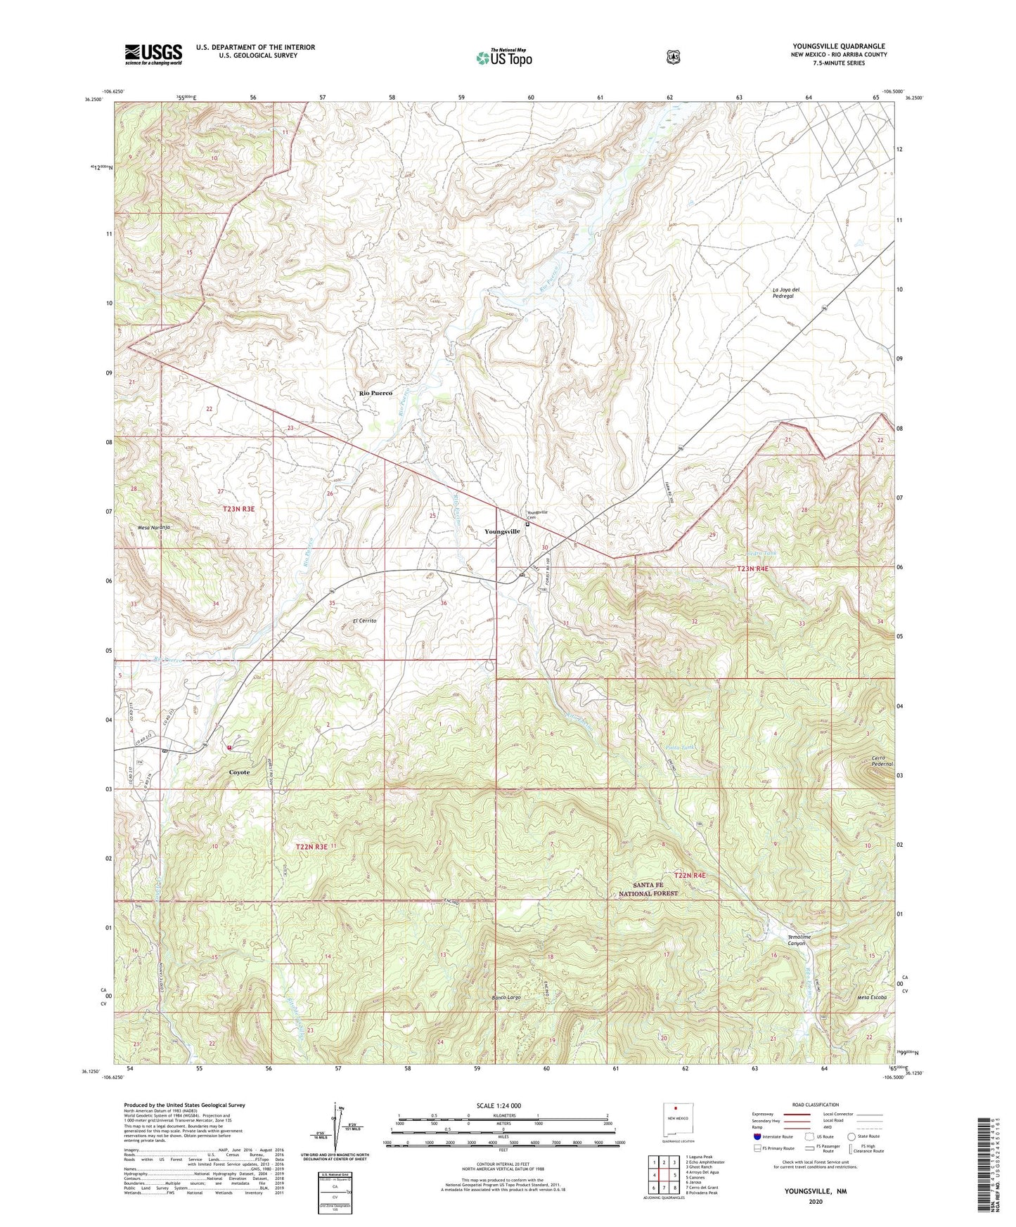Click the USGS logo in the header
click(x=153, y=54)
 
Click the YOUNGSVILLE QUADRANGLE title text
click(x=838, y=46)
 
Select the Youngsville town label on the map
click(x=502, y=531)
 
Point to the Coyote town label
click(x=239, y=772)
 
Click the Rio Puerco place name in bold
click(x=375, y=394)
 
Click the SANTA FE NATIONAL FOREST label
click(x=648, y=889)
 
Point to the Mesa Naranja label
click(x=154, y=527)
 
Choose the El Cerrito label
click(x=365, y=621)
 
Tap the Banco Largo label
click(x=505, y=998)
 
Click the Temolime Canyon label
click(x=800, y=940)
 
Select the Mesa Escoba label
click(x=872, y=997)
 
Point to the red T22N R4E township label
click(x=689, y=876)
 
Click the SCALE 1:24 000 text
click(x=499, y=1105)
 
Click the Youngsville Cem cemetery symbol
click(x=528, y=524)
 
